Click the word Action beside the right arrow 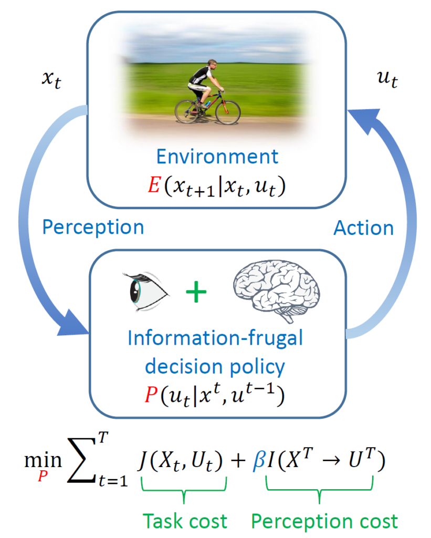364,227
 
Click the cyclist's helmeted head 212,66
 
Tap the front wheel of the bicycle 228,111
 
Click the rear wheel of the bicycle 187,111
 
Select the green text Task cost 185,521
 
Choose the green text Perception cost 324,521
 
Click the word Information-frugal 216,338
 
